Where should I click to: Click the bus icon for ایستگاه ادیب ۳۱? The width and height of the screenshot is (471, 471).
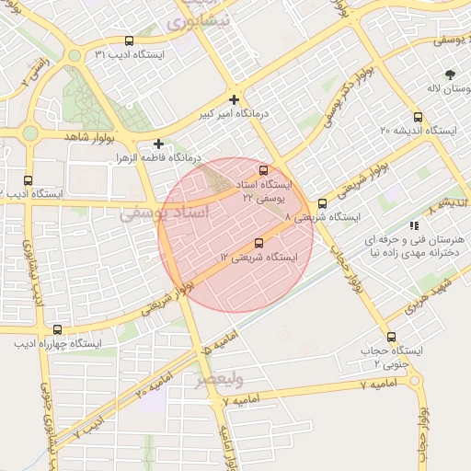click(128, 41)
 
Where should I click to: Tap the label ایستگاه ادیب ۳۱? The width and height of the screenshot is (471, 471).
click(129, 55)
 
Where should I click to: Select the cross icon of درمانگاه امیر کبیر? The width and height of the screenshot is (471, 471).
click(235, 99)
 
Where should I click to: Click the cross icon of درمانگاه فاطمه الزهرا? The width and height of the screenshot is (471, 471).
click(159, 144)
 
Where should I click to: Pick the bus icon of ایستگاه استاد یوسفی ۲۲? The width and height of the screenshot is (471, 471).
click(265, 170)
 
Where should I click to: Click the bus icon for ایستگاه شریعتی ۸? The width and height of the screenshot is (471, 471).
click(322, 203)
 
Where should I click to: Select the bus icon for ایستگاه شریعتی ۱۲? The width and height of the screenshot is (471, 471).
click(258, 244)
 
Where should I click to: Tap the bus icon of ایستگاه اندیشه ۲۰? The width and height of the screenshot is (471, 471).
click(419, 117)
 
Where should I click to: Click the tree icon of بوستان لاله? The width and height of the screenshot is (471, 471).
click(449, 74)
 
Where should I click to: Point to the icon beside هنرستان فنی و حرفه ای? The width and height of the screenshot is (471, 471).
click(414, 224)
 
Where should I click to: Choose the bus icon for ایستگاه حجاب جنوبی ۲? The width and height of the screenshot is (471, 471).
click(393, 337)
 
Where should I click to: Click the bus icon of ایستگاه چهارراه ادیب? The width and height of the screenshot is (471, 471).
click(58, 329)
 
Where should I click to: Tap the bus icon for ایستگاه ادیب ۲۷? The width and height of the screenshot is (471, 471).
click(28, 179)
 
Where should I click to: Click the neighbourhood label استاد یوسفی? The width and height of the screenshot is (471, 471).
click(165, 213)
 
